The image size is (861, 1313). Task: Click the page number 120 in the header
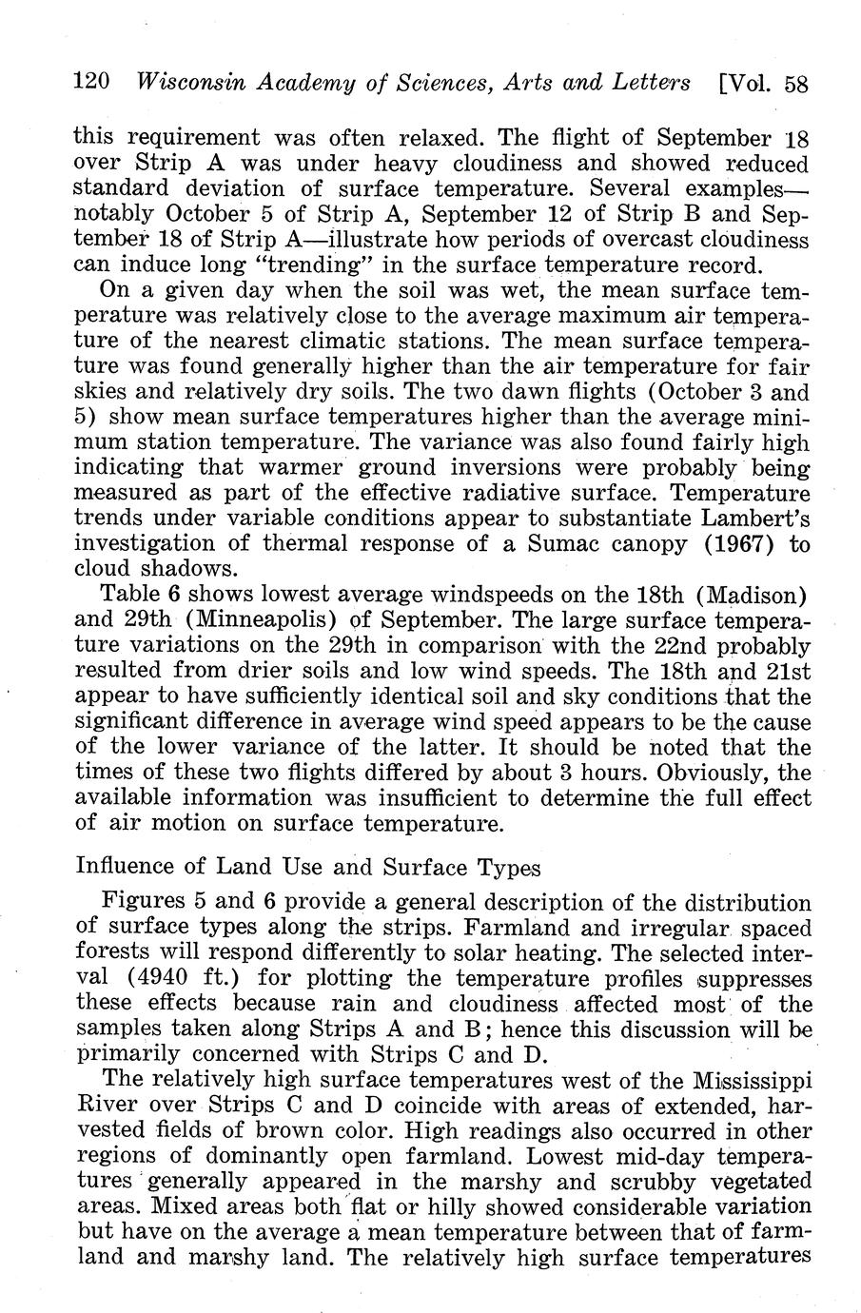[93, 83]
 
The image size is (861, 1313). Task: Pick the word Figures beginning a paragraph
[142, 902]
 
